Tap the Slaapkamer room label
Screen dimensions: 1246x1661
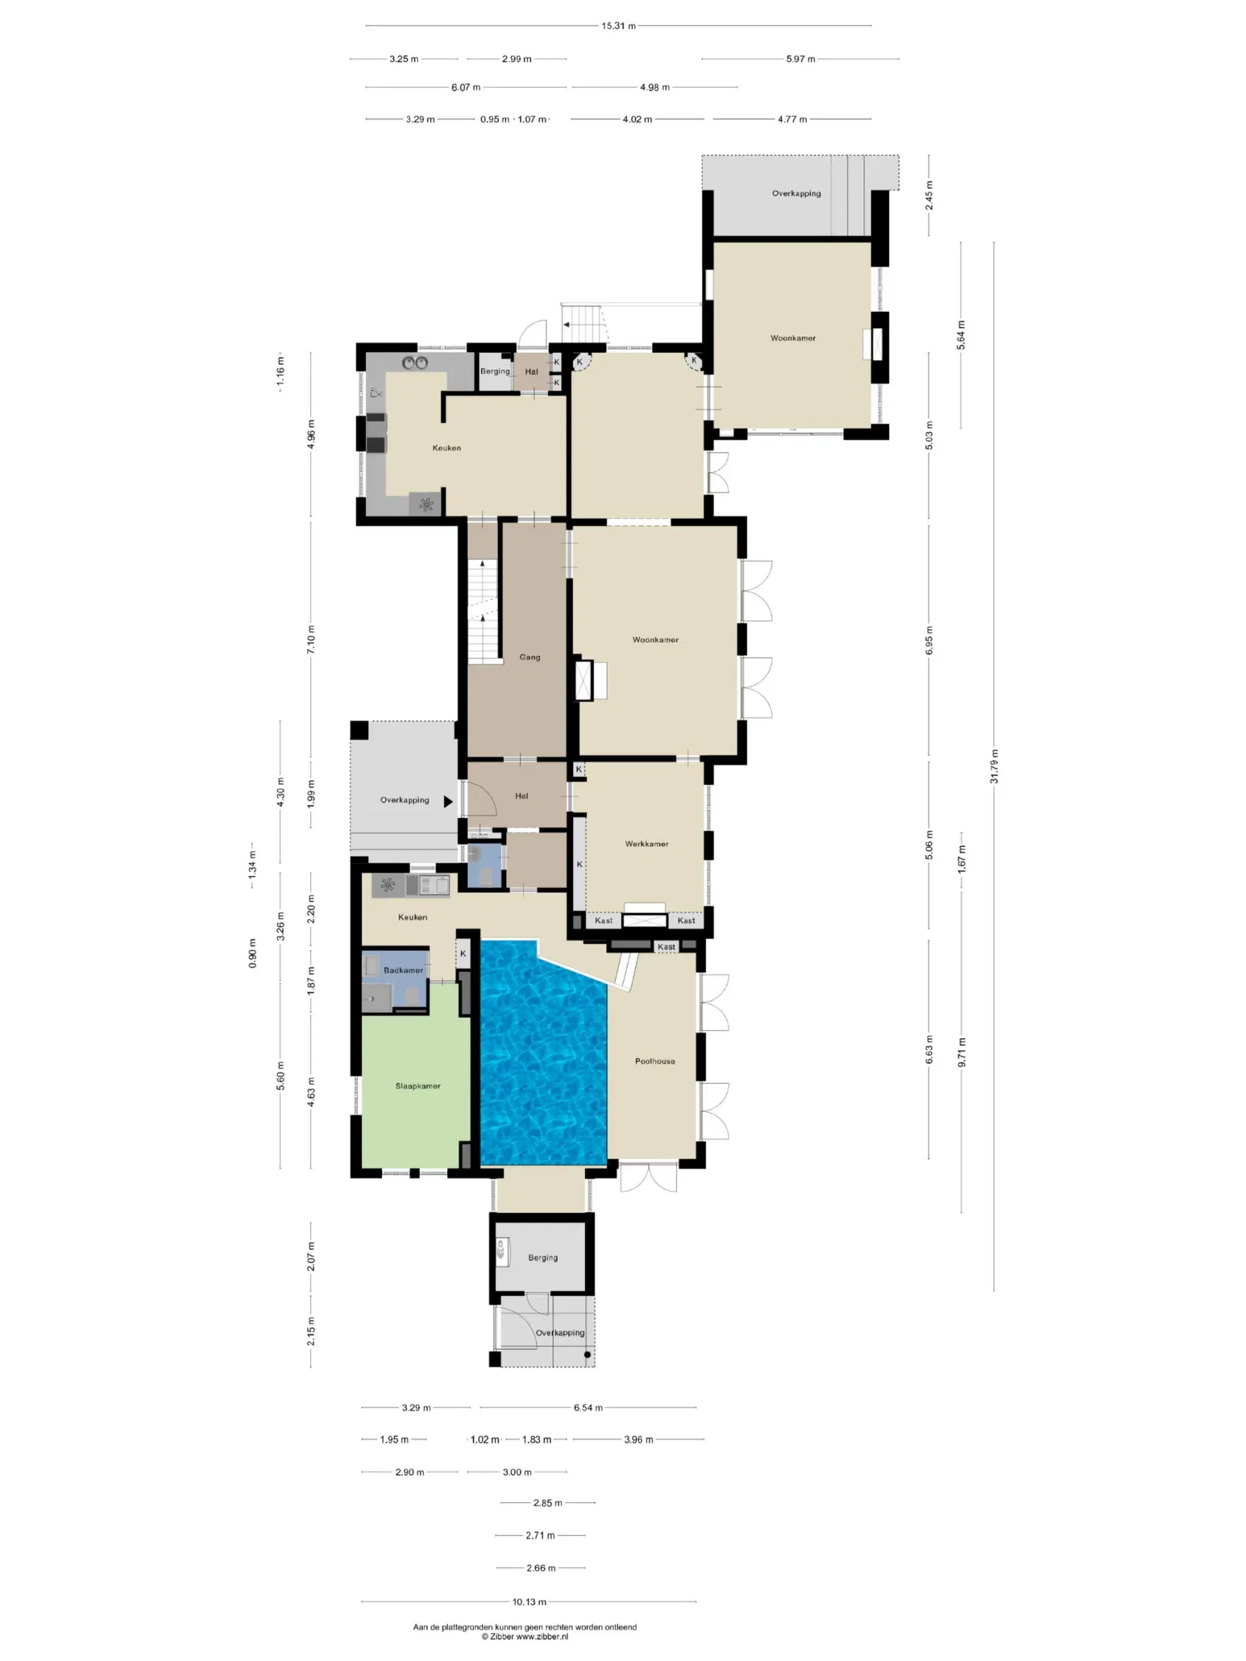[x=417, y=1086]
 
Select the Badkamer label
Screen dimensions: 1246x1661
[x=404, y=970]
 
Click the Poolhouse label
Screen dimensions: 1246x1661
[x=655, y=1061]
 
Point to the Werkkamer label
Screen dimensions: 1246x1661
[x=647, y=843]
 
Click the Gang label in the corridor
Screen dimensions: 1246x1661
[x=530, y=657]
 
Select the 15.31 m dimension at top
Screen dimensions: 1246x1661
[x=618, y=26]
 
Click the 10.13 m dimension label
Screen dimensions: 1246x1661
[x=530, y=1601]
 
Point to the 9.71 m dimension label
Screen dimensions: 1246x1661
[x=961, y=1052]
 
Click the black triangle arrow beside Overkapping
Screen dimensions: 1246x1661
[x=448, y=801]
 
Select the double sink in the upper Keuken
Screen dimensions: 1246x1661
[x=414, y=363]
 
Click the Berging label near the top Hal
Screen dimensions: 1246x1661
[x=495, y=371]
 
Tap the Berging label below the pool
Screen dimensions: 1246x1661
[x=543, y=1258]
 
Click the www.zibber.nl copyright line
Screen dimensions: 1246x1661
[x=525, y=1636]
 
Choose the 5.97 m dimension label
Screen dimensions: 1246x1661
[x=801, y=59]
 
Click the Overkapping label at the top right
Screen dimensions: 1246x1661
[x=796, y=193]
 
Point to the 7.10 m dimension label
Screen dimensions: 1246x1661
[x=311, y=639]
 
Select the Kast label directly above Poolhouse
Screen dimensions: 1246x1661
[x=666, y=947]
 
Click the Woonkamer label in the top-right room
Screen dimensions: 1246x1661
[x=793, y=338]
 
